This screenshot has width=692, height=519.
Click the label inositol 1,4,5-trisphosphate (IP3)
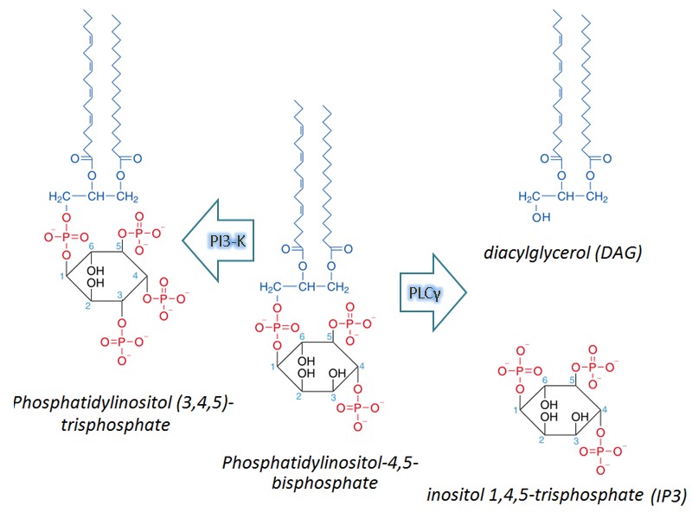pyautogui.click(x=556, y=495)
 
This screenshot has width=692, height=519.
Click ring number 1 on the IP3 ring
pyautogui.click(x=516, y=410)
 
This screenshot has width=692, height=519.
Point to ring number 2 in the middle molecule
pyautogui.click(x=298, y=397)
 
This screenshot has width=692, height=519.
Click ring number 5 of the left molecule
pyautogui.click(x=120, y=247)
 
